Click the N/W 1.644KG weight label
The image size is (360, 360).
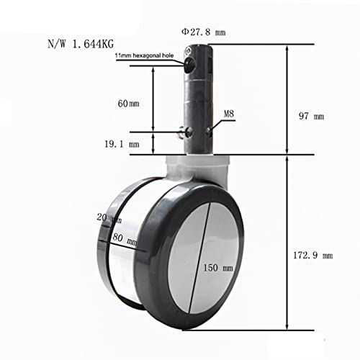pyautogui.click(x=81, y=44)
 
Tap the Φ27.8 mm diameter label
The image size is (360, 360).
pyautogui.click(x=204, y=32)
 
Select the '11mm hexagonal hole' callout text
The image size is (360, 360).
pyautogui.click(x=144, y=55)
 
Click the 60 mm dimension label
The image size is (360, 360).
pyautogui.click(x=128, y=104)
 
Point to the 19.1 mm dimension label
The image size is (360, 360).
pyautogui.click(x=122, y=144)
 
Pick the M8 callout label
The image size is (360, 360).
pyautogui.click(x=229, y=114)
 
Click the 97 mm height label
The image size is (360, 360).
pyautogui.click(x=311, y=116)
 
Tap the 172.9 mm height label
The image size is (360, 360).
pyautogui.click(x=313, y=256)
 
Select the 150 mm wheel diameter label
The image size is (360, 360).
pyautogui.click(x=218, y=268)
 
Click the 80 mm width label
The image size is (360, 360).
pyautogui.click(x=125, y=239)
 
